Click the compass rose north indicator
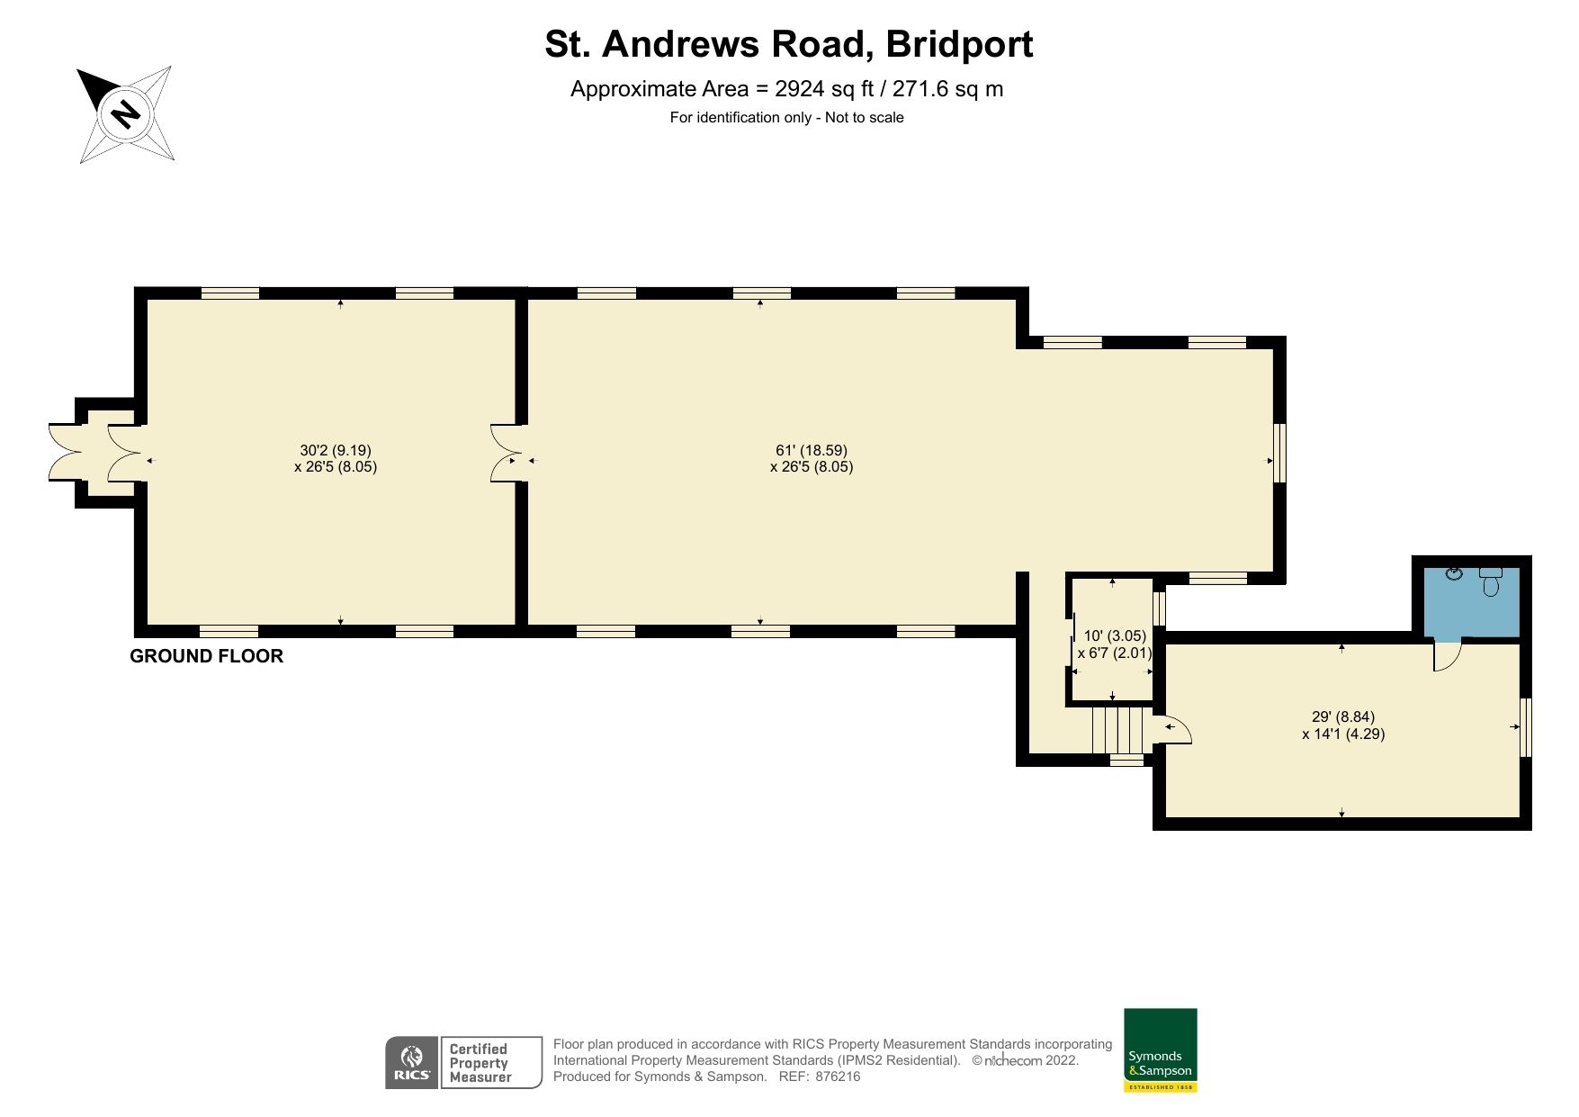[x=125, y=113]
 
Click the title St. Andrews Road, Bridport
[x=788, y=44]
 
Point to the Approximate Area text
[x=786, y=89]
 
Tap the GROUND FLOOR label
[x=206, y=656]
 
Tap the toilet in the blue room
[x=1491, y=582]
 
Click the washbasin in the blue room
[x=1453, y=573]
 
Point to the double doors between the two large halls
[x=505, y=453]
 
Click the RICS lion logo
[x=412, y=1062]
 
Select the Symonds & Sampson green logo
[x=1160, y=1049]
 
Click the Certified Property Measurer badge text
[x=480, y=1062]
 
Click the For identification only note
[x=786, y=118]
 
